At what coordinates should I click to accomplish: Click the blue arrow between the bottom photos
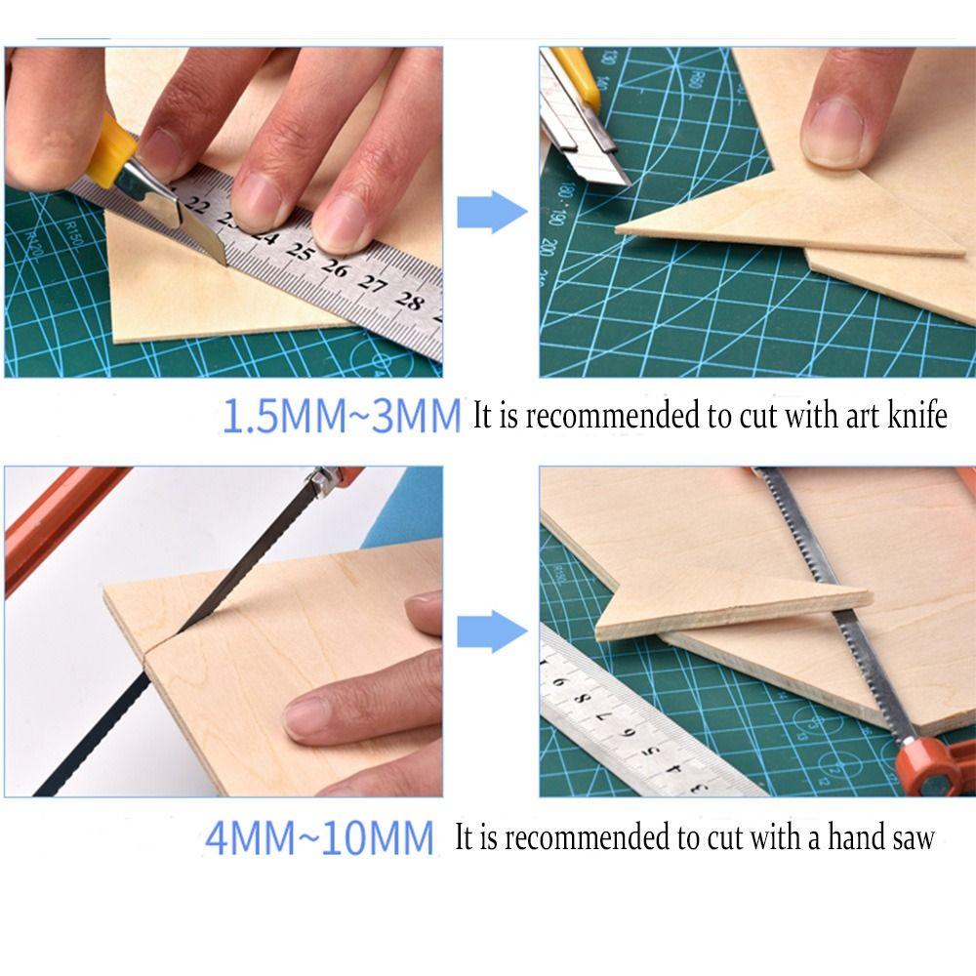tap(491, 631)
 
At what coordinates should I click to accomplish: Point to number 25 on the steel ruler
tap(299, 256)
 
